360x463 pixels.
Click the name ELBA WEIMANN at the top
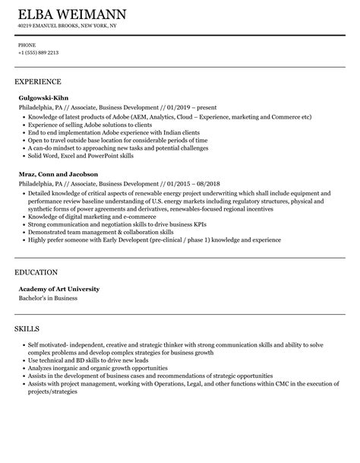tap(71, 14)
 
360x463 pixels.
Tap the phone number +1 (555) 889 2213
tap(39, 52)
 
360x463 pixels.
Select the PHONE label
tap(27, 45)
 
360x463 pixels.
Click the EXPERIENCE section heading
tap(38, 81)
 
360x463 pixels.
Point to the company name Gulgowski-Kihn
tap(44, 97)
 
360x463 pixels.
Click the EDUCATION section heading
tap(37, 271)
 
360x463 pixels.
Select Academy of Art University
tap(58, 289)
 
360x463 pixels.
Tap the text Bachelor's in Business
tap(48, 298)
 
